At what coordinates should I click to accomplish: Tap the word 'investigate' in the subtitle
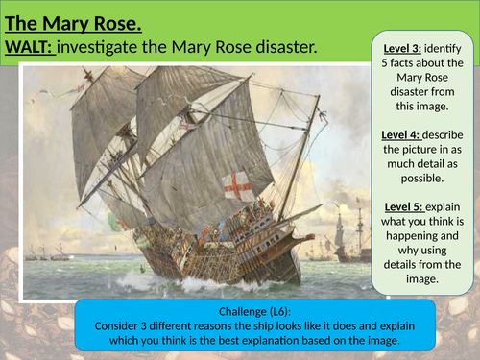click(x=115, y=46)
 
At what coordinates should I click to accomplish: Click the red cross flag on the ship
click(x=236, y=186)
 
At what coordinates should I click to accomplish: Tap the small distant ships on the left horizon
click(x=48, y=254)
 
